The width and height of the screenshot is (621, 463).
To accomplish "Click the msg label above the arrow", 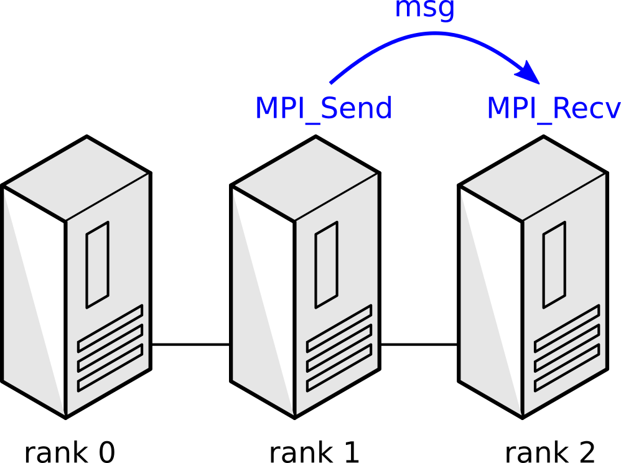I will pos(425,9).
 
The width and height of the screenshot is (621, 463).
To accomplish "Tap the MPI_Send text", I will pos(324,109).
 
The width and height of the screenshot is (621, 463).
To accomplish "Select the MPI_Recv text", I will pos(553,109).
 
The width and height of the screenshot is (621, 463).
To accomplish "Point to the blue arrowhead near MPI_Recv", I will pos(530,72).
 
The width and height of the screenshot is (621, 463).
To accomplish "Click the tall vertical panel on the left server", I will pos(98,264).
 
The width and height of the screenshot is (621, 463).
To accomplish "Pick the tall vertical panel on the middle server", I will pos(327,264).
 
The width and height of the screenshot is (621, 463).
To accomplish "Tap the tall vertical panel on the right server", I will pos(554,264).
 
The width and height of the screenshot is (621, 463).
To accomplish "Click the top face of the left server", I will pos(77,179).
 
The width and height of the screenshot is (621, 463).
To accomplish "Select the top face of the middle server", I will pos(306,179).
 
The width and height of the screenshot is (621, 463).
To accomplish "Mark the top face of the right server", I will pos(533,179).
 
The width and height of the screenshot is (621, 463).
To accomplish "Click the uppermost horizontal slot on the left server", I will pos(110,328).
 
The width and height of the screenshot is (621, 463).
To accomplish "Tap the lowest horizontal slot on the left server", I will pos(110,368).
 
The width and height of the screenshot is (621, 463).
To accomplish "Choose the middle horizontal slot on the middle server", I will pos(339,348).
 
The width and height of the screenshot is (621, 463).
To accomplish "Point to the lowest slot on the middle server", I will pos(339,368).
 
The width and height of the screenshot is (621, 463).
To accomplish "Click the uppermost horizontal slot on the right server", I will pos(567,328).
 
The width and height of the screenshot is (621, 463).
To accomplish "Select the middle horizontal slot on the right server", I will pos(567,348).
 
